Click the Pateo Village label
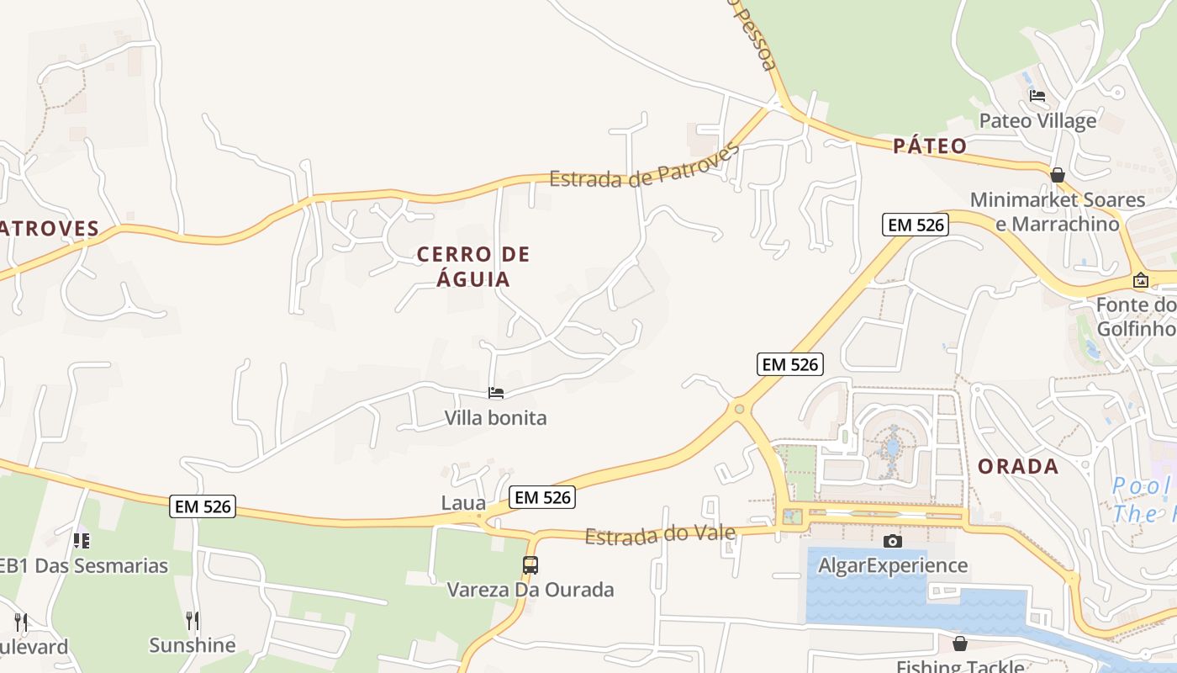(x=1037, y=120)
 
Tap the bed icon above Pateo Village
(x=1037, y=96)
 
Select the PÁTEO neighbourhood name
(x=930, y=146)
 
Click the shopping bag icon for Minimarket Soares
(x=1058, y=175)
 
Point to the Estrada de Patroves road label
(x=644, y=167)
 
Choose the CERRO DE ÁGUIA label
(x=473, y=266)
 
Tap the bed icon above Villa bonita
(x=496, y=393)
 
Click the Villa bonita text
(x=495, y=417)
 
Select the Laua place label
(x=463, y=503)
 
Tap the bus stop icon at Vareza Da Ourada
(x=530, y=565)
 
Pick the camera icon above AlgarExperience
(x=893, y=541)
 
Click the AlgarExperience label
(x=893, y=565)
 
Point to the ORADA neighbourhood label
(x=1017, y=466)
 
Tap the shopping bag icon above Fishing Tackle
(x=960, y=644)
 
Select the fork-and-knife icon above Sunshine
(x=193, y=621)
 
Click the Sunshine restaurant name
(x=193, y=645)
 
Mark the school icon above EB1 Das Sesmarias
(x=81, y=541)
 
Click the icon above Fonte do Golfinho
(x=1141, y=280)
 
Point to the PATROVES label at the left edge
(x=50, y=228)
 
